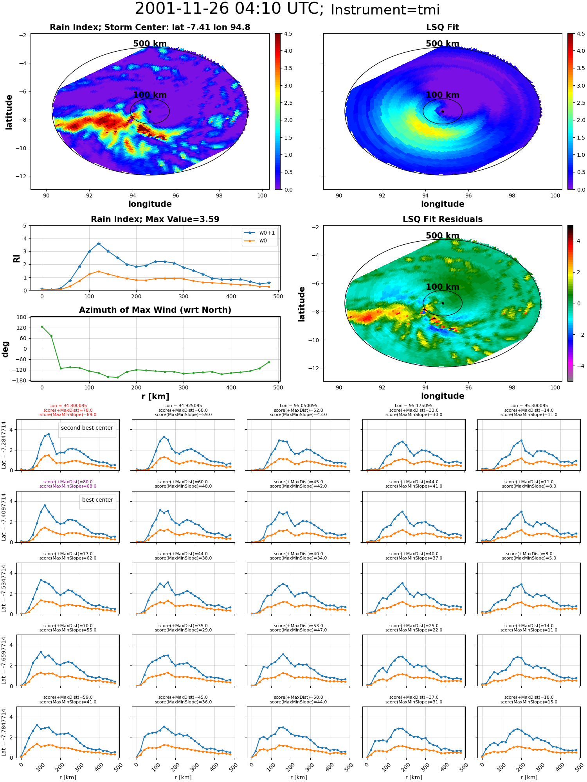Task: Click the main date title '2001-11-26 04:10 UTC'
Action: coord(229,9)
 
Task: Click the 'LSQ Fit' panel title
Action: coord(442,27)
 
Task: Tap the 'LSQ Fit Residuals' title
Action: coord(442,219)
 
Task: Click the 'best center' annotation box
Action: coord(97,500)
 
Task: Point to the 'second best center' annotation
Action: coord(87,428)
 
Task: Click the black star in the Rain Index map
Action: coord(150,111)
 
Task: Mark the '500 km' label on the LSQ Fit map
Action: coord(442,44)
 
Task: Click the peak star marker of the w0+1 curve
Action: coord(99,244)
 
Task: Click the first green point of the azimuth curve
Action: coord(42,327)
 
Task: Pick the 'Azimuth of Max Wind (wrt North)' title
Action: coord(155,310)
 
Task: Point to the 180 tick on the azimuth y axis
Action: coord(22,317)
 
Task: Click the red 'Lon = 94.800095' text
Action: coord(68,406)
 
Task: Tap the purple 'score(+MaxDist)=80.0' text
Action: coord(68,482)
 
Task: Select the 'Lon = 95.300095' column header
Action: coord(529,406)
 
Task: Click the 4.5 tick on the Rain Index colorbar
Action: coord(288,34)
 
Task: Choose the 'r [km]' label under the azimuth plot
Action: coord(155,396)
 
